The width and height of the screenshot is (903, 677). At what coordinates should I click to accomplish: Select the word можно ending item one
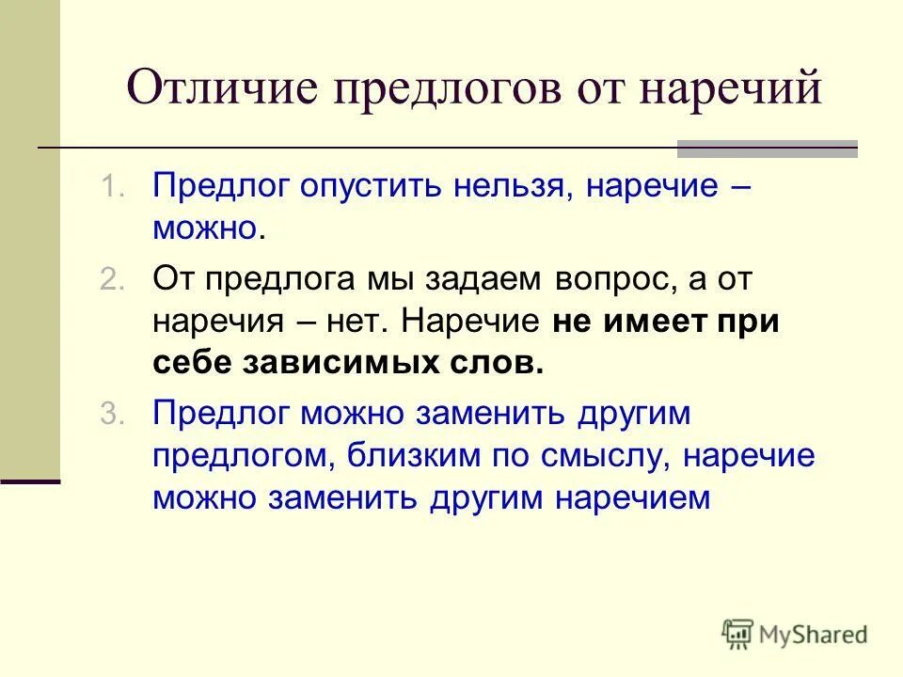click(x=204, y=227)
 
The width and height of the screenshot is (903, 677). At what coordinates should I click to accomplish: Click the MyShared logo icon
click(x=737, y=633)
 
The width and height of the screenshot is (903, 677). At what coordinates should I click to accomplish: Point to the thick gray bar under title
click(x=768, y=148)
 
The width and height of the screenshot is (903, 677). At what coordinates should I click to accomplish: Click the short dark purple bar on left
click(x=29, y=480)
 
